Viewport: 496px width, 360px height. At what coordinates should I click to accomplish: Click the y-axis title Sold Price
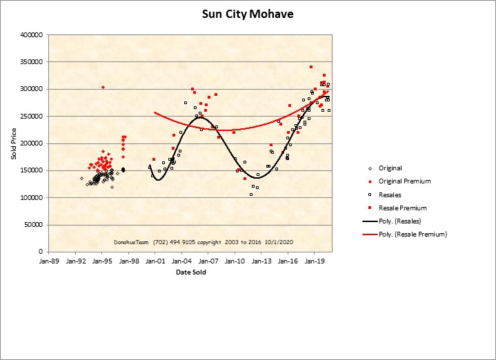click(x=13, y=143)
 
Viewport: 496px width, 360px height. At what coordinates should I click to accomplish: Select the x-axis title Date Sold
click(x=190, y=272)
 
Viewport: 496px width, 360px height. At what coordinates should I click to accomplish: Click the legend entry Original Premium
click(x=404, y=181)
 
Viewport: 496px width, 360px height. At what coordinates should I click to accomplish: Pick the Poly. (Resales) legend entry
click(x=399, y=221)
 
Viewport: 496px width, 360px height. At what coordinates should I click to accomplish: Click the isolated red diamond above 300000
click(x=103, y=88)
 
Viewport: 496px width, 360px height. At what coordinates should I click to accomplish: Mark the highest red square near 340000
click(x=311, y=67)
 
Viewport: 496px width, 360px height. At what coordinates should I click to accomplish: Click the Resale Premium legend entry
click(x=403, y=208)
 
